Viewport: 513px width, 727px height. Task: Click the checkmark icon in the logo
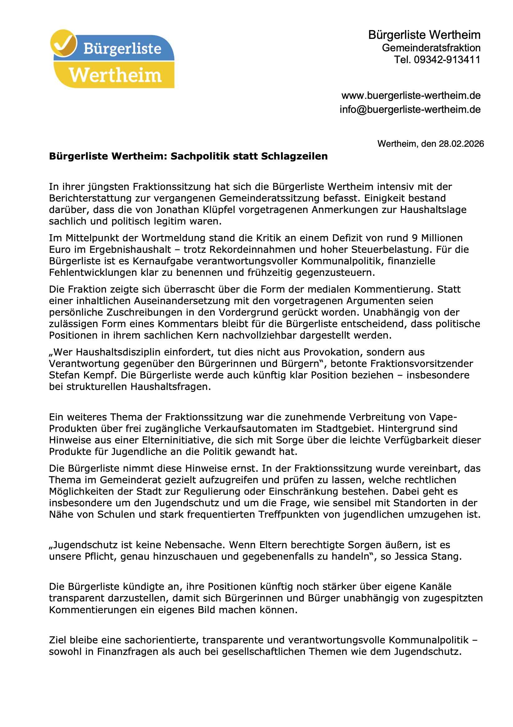coord(64,43)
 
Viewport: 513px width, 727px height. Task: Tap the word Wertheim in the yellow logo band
coord(115,75)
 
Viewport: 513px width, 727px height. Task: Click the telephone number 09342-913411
coord(447,59)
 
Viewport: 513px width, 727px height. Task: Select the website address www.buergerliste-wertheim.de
coord(411,95)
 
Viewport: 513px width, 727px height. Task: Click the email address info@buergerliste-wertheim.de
coord(410,109)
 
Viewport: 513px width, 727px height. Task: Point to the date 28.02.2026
coord(461,144)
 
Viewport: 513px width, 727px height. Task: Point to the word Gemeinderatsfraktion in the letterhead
coord(431,48)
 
